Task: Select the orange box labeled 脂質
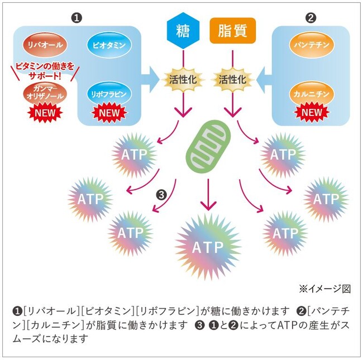tap(233, 30)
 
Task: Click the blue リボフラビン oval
tap(109, 93)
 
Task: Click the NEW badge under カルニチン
tap(311, 113)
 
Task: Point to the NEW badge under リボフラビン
tap(109, 113)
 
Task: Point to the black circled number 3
tap(161, 195)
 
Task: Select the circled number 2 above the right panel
tap(311, 17)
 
